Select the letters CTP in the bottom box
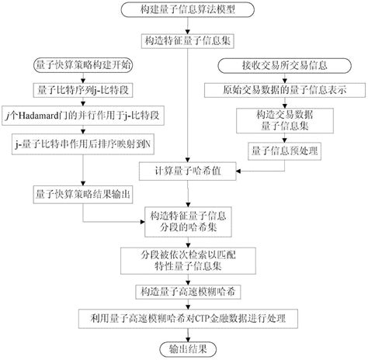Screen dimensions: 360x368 (x=203, y=319)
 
